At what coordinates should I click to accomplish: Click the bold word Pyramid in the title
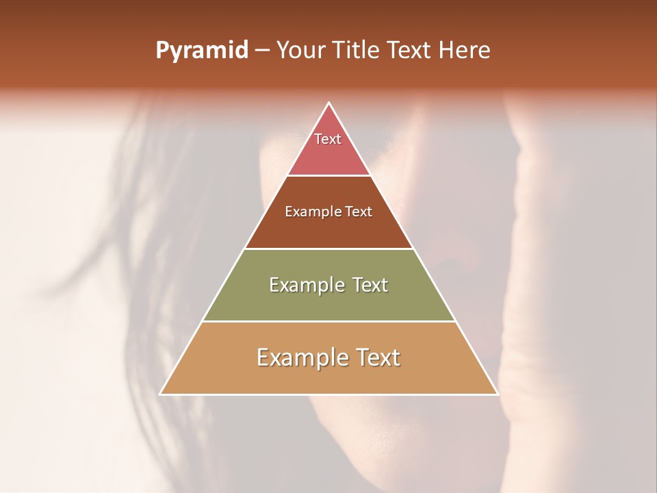pos(202,51)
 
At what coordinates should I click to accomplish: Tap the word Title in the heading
pos(357,51)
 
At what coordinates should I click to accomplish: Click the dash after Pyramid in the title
pos(262,51)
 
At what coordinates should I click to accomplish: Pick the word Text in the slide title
pos(410,51)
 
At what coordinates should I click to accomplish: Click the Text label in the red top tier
pos(328,139)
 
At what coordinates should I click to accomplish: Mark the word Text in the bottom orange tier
pos(376,357)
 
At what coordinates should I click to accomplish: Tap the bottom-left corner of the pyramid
pos(161,394)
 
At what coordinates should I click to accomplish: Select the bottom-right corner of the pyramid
pos(497,394)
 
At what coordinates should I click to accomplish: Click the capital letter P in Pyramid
pos(162,51)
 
